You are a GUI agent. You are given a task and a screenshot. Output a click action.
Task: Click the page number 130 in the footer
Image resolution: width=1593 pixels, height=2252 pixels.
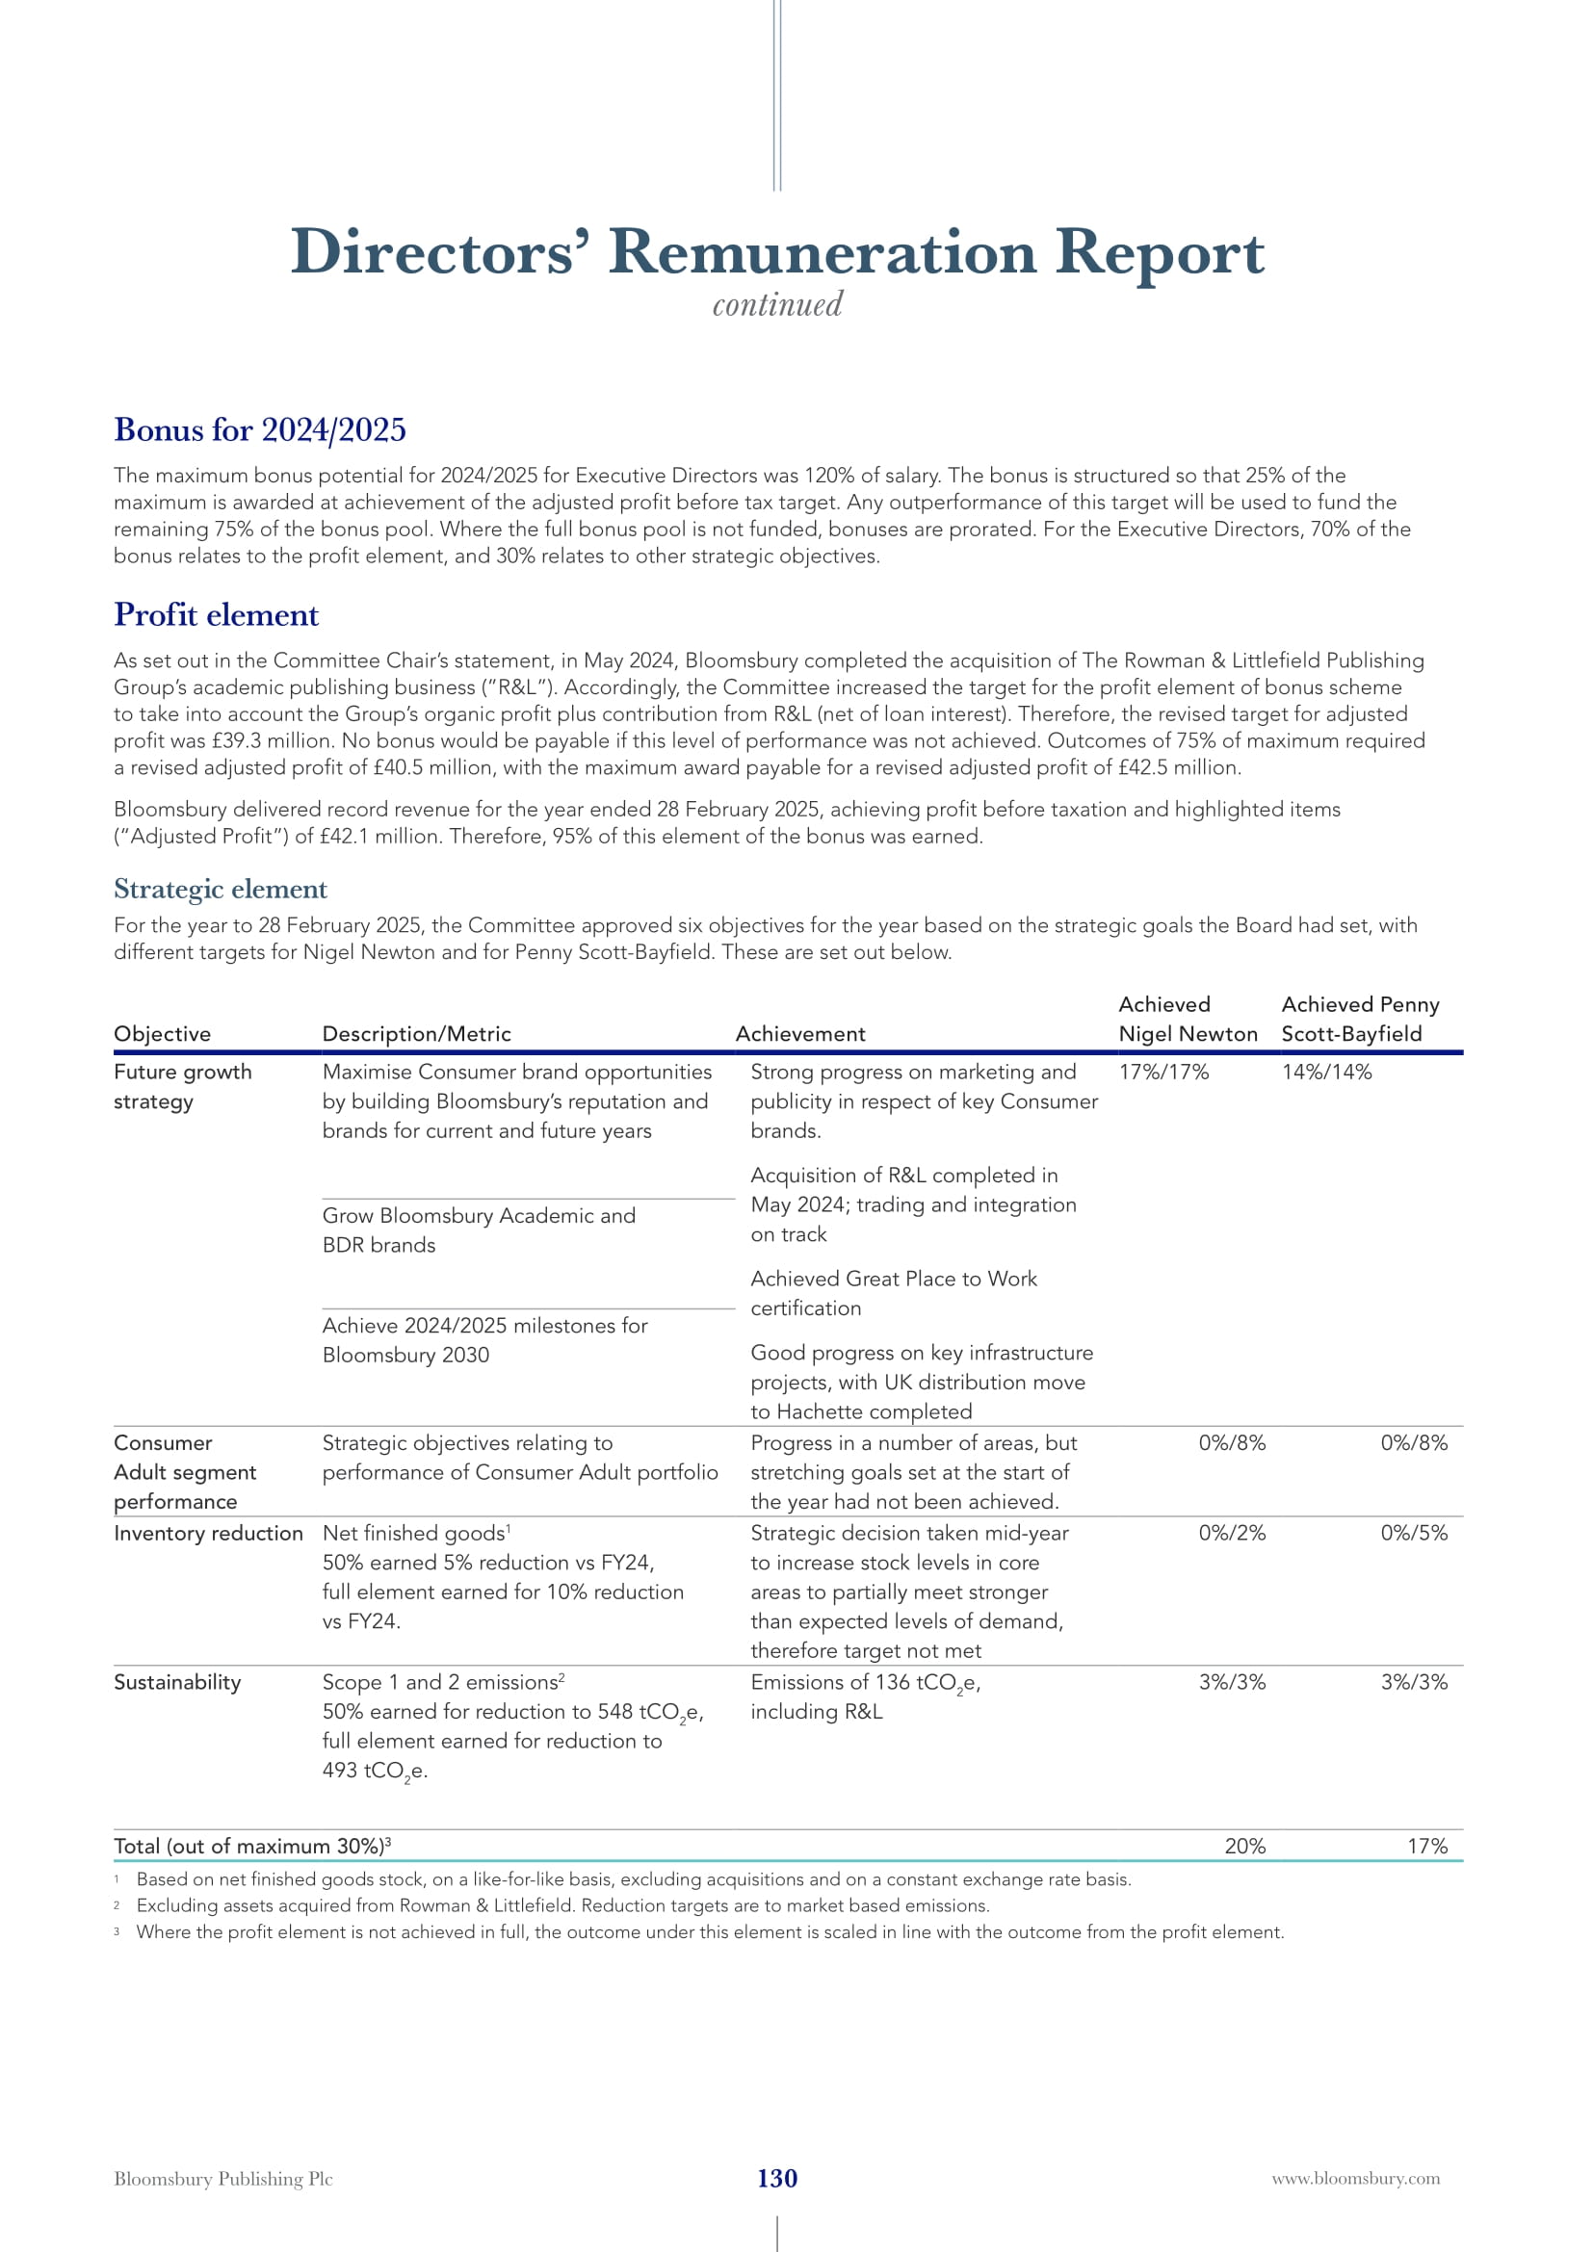pos(777,2178)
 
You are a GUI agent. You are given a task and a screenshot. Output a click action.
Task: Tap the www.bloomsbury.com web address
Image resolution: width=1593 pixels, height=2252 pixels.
pos(1356,2179)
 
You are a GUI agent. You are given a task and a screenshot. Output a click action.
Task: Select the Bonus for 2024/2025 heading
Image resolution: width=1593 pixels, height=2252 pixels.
pos(260,429)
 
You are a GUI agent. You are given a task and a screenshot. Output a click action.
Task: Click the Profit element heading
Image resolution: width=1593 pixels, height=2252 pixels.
pos(217,615)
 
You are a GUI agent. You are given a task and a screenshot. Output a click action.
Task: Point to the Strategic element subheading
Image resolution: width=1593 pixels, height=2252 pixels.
pos(221,889)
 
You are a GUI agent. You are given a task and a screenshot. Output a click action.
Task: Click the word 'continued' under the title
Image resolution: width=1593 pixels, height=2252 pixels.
pos(777,304)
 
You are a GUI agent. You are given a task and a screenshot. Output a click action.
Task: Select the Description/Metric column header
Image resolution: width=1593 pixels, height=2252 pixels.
pos(417,1034)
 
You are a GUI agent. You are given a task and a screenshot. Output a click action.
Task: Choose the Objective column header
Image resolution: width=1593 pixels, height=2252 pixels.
pos(162,1034)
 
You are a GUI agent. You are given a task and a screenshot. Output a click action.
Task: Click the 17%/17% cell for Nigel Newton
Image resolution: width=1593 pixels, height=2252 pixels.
pos(1163,1072)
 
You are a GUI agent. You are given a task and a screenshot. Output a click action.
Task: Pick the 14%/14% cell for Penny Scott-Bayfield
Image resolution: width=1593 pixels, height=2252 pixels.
pos(1326,1072)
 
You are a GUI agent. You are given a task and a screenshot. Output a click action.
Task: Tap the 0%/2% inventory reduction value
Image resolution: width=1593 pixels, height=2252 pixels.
pos(1232,1533)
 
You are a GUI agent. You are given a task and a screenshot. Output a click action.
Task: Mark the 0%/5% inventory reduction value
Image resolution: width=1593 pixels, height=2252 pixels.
pos(1414,1533)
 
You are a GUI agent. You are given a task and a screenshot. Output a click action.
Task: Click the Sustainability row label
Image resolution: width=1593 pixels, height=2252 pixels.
pos(177,1682)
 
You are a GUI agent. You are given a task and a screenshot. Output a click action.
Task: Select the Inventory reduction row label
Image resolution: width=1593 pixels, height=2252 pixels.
pos(208,1533)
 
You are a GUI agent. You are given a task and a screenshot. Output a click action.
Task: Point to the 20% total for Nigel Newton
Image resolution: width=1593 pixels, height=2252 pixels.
pos(1244,1846)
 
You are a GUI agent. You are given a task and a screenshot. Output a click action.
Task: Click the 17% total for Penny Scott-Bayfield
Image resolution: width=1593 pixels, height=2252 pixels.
pos(1427,1846)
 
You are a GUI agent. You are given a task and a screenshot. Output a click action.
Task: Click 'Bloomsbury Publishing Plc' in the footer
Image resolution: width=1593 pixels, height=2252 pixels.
pos(223,2179)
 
